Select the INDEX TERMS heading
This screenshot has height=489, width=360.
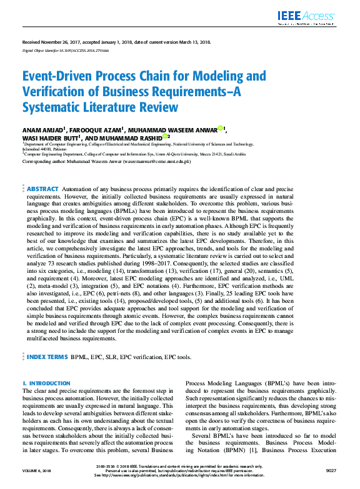[x=46, y=357]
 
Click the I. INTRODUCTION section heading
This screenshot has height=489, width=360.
[x=46, y=383]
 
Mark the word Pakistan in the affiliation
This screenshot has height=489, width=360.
[x=57, y=150]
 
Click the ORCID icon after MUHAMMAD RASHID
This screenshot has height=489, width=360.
[x=165, y=136]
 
